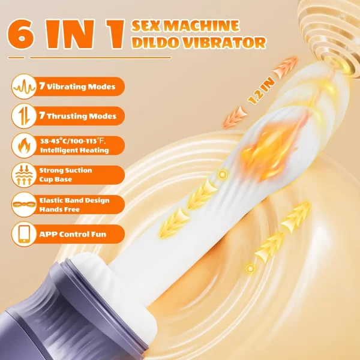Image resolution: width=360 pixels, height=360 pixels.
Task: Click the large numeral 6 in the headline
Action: [x=21, y=34]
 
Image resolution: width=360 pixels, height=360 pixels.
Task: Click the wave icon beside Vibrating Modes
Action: [x=24, y=86]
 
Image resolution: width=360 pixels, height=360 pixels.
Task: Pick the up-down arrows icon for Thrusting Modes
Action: [x=24, y=116]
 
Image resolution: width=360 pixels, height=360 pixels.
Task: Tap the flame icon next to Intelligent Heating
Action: [x=24, y=145]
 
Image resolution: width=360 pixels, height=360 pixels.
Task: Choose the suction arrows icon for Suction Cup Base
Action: [x=24, y=175]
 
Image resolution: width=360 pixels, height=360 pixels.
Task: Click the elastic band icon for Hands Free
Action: [x=24, y=205]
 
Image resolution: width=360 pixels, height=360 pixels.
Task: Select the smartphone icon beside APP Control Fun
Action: [x=24, y=234]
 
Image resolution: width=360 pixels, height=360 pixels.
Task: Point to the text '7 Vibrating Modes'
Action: [x=77, y=86]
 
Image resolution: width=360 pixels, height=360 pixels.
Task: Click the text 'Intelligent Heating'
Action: [x=74, y=150]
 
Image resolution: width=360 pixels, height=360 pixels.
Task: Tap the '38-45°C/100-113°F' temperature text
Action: [x=73, y=141]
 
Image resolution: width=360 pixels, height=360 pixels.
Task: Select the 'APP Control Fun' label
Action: [x=73, y=234]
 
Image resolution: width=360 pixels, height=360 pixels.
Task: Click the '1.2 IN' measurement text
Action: [x=261, y=91]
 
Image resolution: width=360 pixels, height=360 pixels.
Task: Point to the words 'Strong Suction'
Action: [x=65, y=170]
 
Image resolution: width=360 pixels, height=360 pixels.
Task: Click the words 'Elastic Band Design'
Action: [x=74, y=200]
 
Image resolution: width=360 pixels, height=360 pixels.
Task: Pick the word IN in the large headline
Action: [x=70, y=34]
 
